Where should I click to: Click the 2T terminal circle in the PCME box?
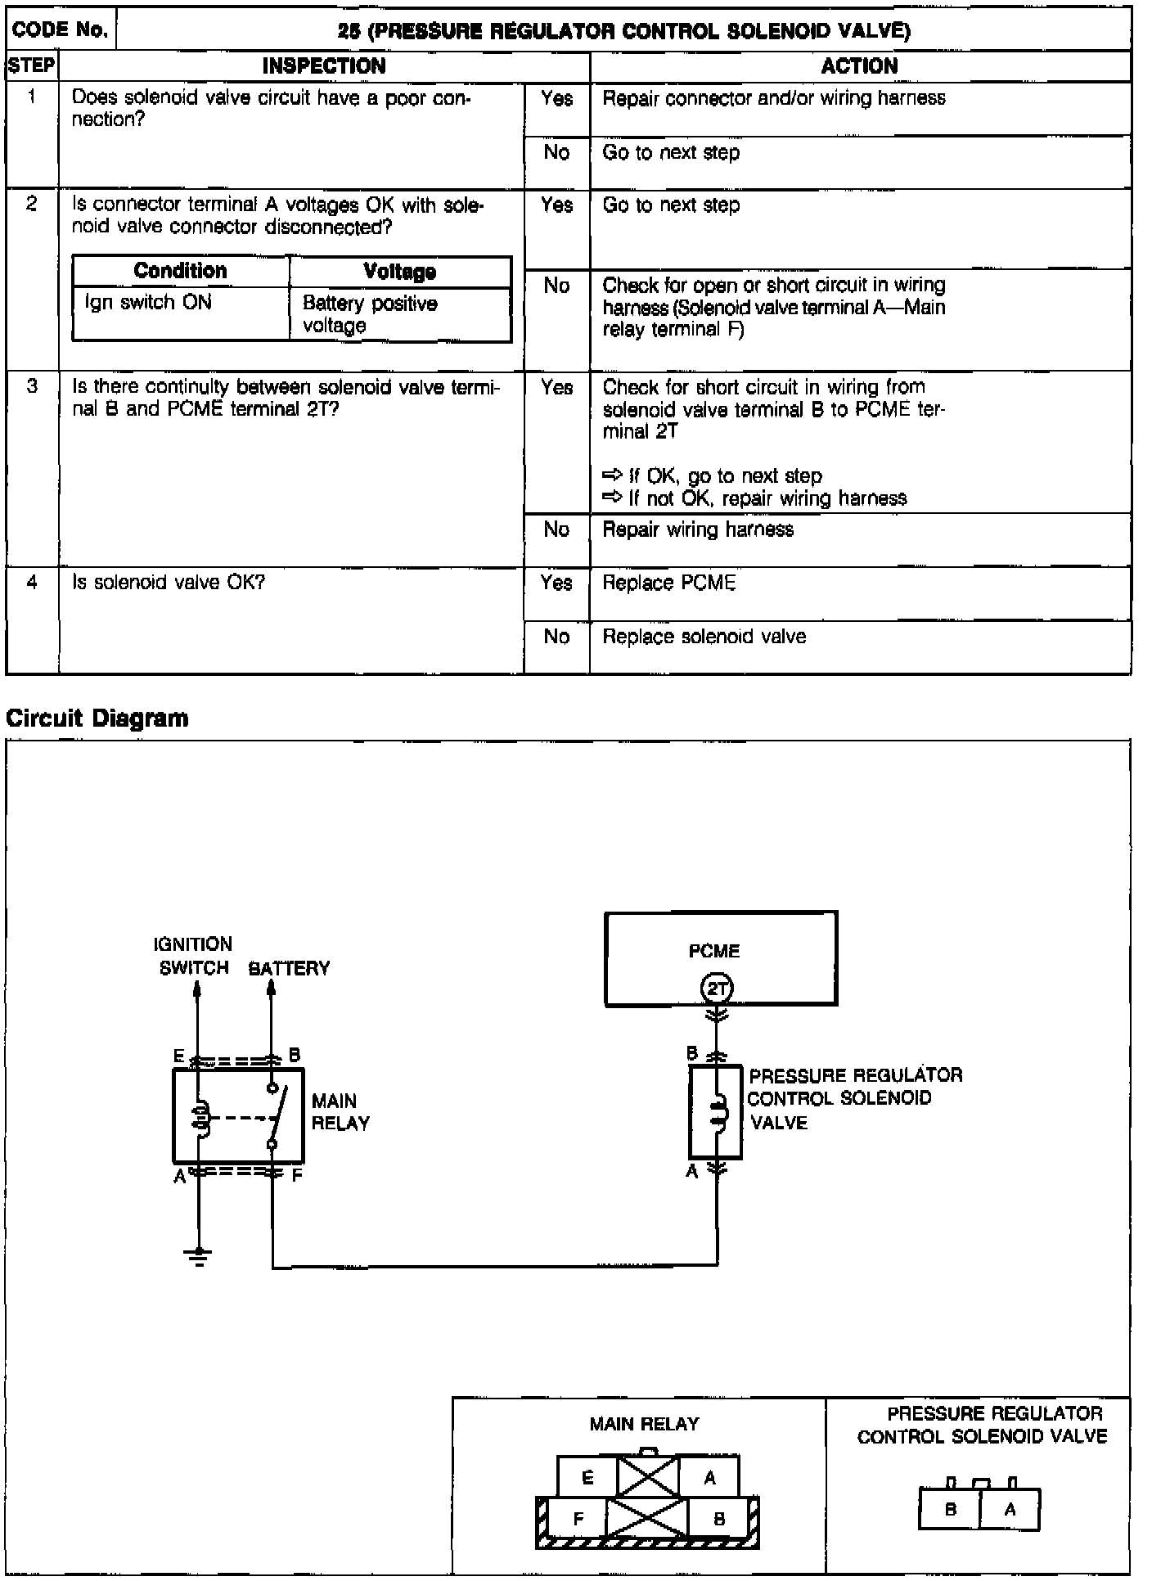[717, 989]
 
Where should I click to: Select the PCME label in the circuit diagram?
[713, 951]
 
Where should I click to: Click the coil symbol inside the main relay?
[200, 1118]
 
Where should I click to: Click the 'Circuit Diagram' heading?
[97, 718]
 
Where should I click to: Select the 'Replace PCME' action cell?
[669, 583]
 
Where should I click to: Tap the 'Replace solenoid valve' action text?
[704, 637]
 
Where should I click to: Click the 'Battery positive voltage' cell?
[370, 314]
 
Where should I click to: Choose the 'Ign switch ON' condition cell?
[148, 303]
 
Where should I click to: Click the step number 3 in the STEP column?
[32, 386]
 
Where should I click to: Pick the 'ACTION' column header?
[859, 66]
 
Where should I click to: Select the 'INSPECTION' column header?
[324, 66]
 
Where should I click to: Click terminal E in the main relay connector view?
[587, 1478]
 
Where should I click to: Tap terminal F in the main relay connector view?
[578, 1520]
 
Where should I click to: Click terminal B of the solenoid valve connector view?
[950, 1509]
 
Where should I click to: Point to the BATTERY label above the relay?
[289, 969]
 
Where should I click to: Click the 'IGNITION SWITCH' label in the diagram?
[194, 957]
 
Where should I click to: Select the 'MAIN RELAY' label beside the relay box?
[340, 1112]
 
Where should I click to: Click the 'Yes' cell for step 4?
[556, 583]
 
